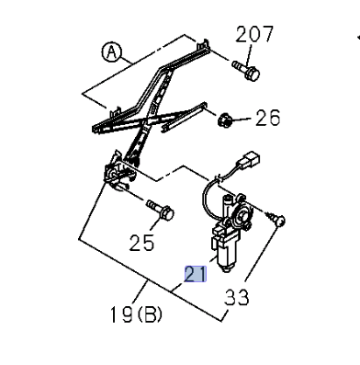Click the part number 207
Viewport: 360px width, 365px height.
tap(254, 35)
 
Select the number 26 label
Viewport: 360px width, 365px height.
tap(267, 119)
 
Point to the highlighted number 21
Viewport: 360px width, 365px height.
tap(196, 274)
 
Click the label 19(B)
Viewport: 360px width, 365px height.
tap(137, 315)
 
